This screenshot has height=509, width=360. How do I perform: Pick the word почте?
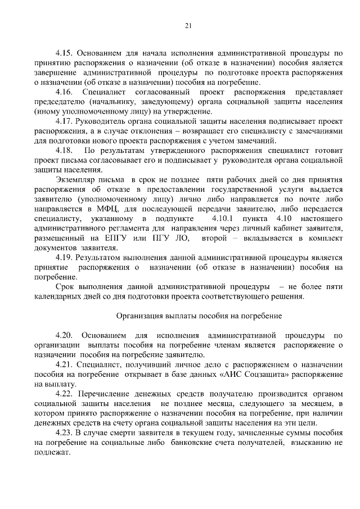[306, 200]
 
